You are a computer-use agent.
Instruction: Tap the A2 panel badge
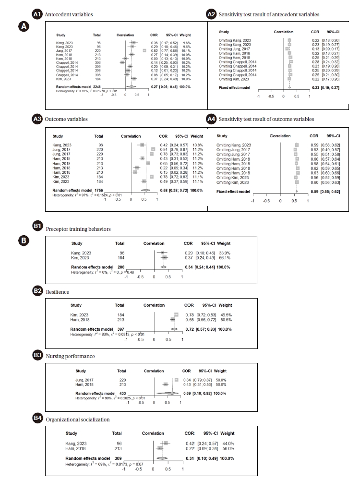coord(211,15)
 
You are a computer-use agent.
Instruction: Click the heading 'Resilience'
coord(58,291)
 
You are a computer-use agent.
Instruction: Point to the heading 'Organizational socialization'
coord(78,419)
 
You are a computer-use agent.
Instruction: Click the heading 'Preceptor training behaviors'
coord(78,228)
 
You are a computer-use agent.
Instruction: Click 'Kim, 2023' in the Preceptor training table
coord(80,258)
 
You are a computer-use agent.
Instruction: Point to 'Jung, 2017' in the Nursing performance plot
coord(84,380)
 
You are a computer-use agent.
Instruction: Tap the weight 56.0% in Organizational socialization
coord(227,448)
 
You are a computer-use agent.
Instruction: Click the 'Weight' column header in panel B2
coord(225,305)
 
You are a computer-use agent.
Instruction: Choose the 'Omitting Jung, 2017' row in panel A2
coord(234,48)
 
